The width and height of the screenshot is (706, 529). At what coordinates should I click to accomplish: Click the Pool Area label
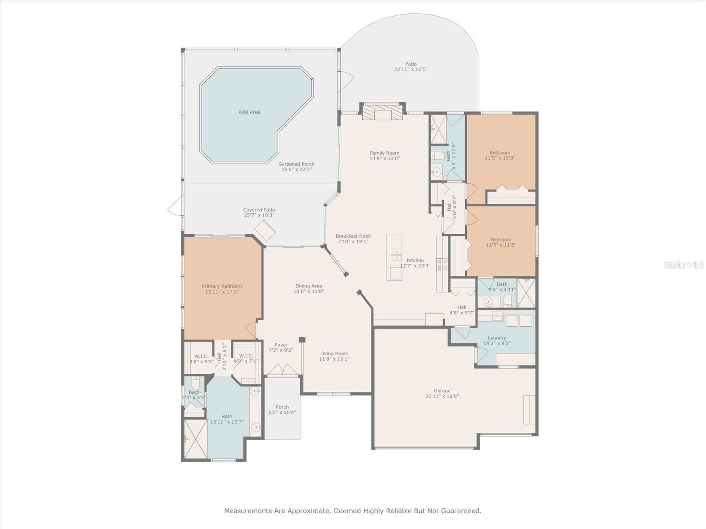pyautogui.click(x=249, y=112)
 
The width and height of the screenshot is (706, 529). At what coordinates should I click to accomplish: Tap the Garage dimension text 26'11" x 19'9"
pyautogui.click(x=442, y=396)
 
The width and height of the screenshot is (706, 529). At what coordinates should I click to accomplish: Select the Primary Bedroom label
pyautogui.click(x=222, y=286)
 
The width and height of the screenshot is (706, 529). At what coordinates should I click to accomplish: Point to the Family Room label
pyautogui.click(x=384, y=153)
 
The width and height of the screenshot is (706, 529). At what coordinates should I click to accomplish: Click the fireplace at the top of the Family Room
pyautogui.click(x=383, y=112)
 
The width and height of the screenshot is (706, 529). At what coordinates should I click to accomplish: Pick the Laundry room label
pyautogui.click(x=497, y=338)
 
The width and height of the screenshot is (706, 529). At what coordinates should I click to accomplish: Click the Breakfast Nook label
pyautogui.click(x=353, y=236)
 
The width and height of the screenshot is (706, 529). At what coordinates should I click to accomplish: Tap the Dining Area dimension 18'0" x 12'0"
pyautogui.click(x=309, y=291)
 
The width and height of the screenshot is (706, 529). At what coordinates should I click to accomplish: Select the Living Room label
pyautogui.click(x=334, y=353)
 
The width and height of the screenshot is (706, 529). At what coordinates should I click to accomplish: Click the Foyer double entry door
pyautogui.click(x=282, y=370)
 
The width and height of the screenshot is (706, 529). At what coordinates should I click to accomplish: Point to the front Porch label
pyautogui.click(x=282, y=406)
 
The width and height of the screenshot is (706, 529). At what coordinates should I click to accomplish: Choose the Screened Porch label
pyautogui.click(x=297, y=164)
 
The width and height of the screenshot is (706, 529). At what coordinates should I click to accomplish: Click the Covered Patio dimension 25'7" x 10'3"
pyautogui.click(x=259, y=215)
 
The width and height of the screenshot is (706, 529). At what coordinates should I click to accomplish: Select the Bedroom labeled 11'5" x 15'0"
pyautogui.click(x=500, y=155)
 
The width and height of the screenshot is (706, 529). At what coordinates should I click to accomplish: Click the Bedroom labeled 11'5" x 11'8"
pyautogui.click(x=501, y=242)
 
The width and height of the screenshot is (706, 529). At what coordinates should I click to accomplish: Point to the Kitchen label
pyautogui.click(x=415, y=260)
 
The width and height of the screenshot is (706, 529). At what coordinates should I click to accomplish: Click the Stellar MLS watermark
pyautogui.click(x=684, y=265)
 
